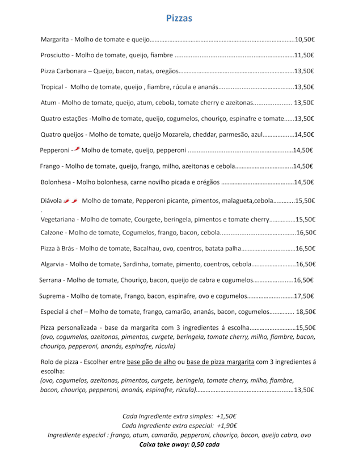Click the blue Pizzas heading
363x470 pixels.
[179, 18]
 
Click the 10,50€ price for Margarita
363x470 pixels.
[305, 40]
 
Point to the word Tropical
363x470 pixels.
[54, 87]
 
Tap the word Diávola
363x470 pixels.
[51, 201]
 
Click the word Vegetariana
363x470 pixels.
[60, 220]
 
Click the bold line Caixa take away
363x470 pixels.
[179, 444]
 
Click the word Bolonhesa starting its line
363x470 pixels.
[57, 182]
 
